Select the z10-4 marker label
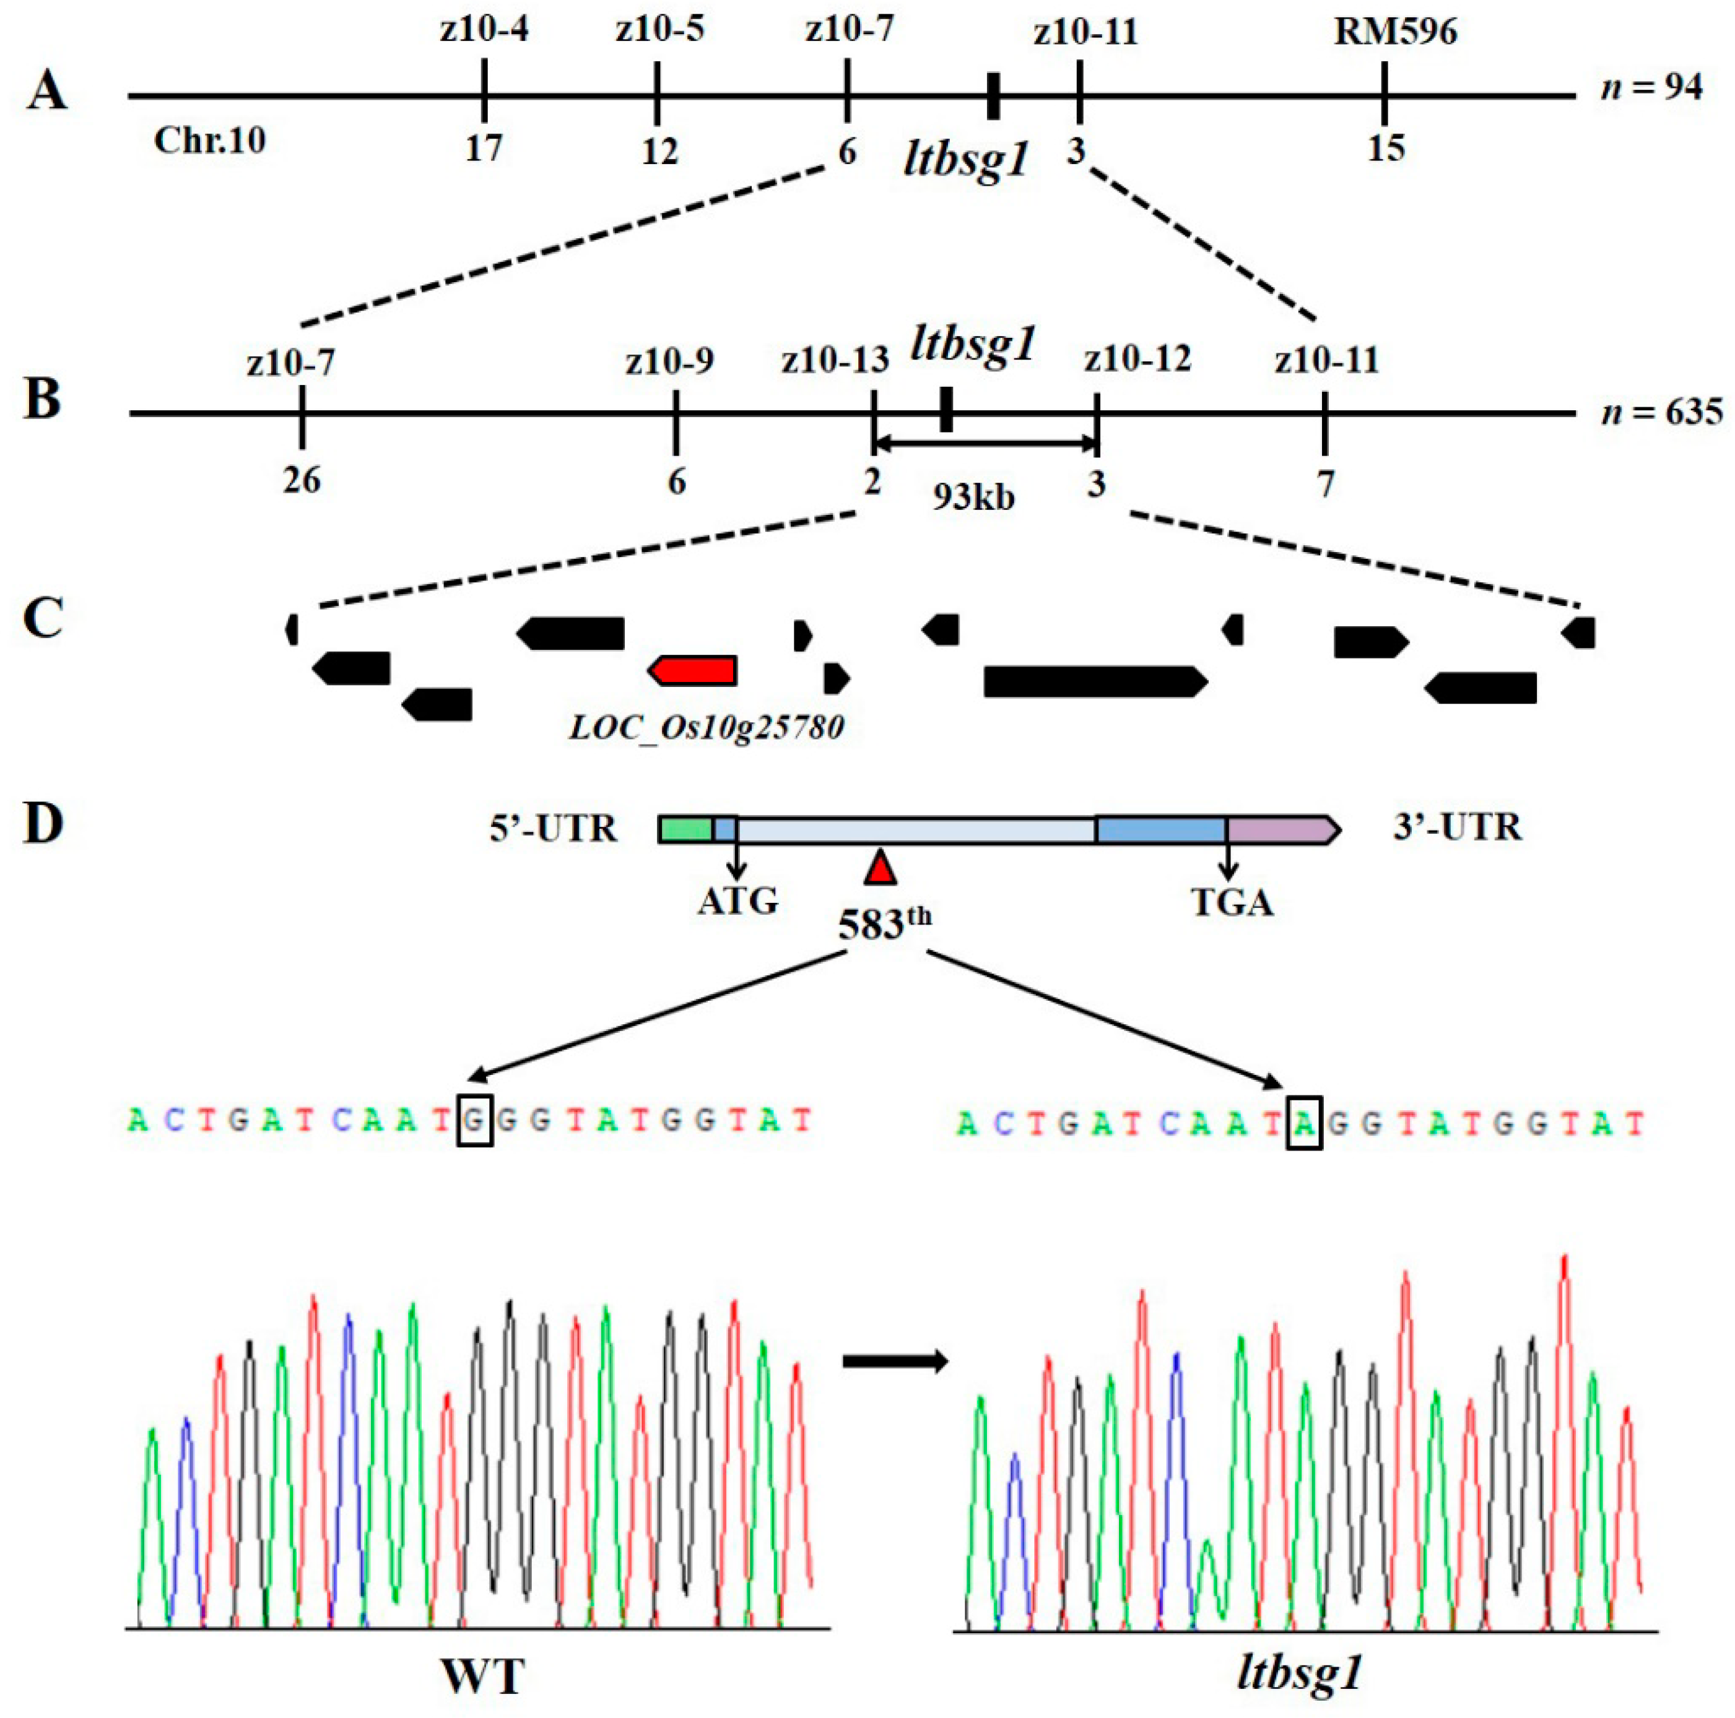[484, 30]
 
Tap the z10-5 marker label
[659, 30]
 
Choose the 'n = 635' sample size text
[1661, 412]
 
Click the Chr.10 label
[209, 141]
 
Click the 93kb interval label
[973, 496]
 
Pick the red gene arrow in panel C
[694, 670]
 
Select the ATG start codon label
[737, 901]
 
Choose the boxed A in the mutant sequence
[1304, 1123]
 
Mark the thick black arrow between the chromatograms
[895, 1362]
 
